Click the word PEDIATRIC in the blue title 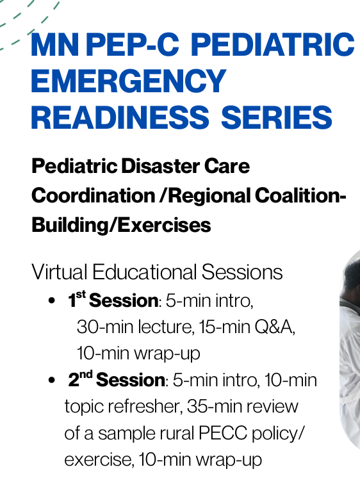(273, 44)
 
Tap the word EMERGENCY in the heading (129, 81)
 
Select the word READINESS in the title (120, 117)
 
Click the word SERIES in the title (277, 117)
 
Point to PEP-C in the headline (133, 44)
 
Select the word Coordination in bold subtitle (93, 196)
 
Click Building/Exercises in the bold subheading (121, 225)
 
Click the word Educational (144, 272)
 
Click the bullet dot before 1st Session (52, 301)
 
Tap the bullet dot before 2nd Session (52, 381)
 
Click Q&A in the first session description (275, 327)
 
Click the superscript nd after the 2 (86, 375)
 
